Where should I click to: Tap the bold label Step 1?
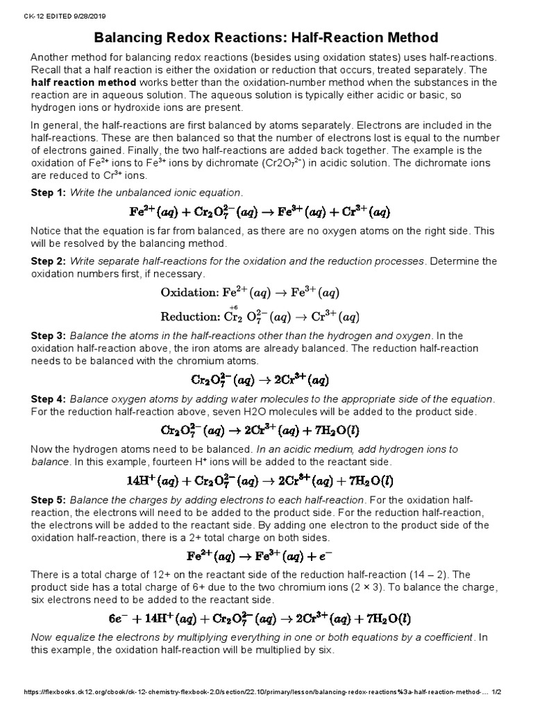coord(48,191)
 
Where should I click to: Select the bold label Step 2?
coord(48,261)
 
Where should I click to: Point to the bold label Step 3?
coord(48,336)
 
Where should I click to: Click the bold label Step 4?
coord(48,399)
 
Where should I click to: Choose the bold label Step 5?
coord(48,500)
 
